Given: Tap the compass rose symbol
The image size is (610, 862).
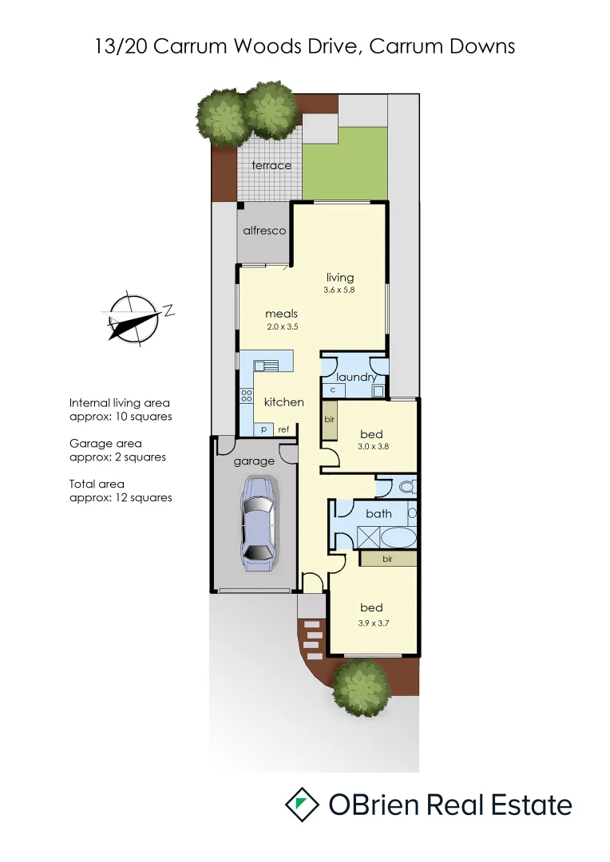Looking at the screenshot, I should click(x=133, y=317).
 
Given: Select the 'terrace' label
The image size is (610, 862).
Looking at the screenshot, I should click(x=271, y=165).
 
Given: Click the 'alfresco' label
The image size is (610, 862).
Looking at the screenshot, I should click(x=264, y=230).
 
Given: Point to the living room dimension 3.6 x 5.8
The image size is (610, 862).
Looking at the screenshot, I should click(x=339, y=290).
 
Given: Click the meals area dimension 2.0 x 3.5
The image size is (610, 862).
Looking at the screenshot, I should click(x=282, y=326).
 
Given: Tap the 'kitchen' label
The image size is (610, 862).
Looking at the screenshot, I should click(x=283, y=401).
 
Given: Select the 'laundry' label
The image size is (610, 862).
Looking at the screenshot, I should click(x=355, y=377).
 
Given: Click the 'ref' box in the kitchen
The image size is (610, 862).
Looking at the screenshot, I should click(x=283, y=429).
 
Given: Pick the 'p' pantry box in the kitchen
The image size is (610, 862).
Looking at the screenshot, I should click(x=263, y=429).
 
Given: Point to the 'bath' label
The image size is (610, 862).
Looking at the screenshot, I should click(x=378, y=513).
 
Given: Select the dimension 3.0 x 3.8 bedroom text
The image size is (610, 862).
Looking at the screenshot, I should click(x=372, y=447).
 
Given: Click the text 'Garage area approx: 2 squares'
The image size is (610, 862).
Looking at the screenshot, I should click(x=118, y=450).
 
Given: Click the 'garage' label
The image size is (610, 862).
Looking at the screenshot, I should click(x=253, y=461).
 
